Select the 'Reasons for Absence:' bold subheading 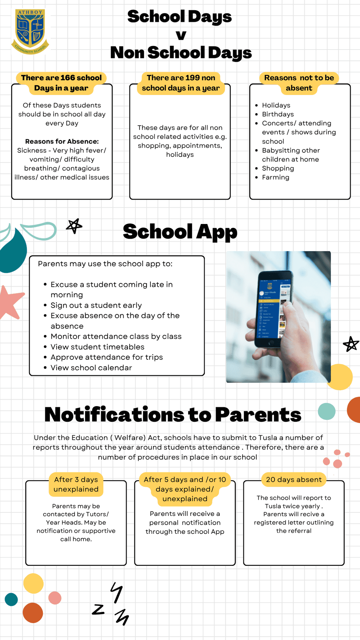pos(62,141)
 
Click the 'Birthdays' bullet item pos(278,114)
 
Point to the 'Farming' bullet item pos(276,177)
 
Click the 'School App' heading pos(180,232)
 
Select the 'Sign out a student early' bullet pos(96,305)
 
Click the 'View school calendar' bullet pos(91,367)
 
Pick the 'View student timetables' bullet pos(97,347)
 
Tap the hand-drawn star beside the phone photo pos(351,344)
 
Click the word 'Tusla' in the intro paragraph pos(268,437)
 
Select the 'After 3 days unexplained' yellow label pos(76,484)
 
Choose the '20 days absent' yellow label pos(294,480)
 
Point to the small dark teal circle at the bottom pos(11,599)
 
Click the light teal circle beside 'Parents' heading pos(327,411)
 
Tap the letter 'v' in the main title pos(181,35)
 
